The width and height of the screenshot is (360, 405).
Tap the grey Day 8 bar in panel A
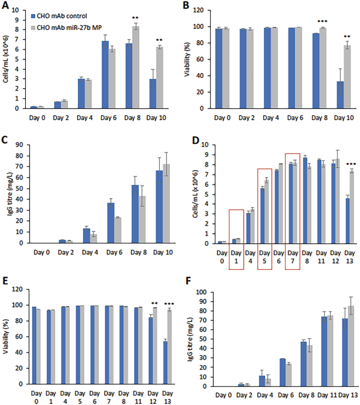135,67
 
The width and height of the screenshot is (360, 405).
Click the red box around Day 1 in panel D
236,239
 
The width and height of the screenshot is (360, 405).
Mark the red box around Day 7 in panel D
292,211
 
